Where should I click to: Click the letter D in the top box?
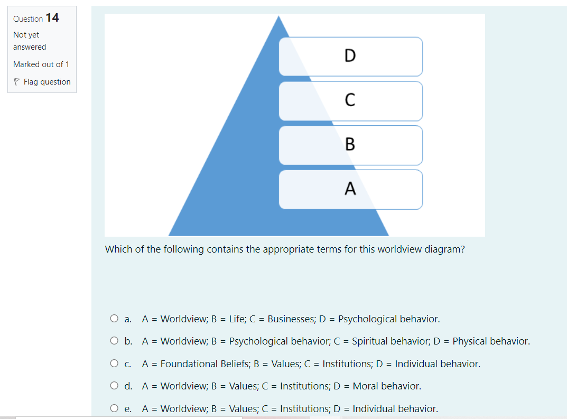[350, 55]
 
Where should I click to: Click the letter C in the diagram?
[350, 100]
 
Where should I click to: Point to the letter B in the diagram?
[350, 144]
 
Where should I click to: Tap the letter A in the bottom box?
[350, 189]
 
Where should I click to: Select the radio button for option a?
[114, 319]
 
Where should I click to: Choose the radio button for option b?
[114, 341]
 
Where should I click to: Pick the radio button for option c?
[114, 364]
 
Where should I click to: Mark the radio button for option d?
[114, 386]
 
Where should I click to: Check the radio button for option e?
[114, 408]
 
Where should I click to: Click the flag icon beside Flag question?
[17, 82]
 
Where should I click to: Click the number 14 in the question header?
[52, 18]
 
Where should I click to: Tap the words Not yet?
[26, 35]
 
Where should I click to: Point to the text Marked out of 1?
[41, 64]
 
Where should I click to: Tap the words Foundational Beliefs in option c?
[201, 364]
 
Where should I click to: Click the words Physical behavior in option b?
[490, 341]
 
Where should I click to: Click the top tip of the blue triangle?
[279, 16]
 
